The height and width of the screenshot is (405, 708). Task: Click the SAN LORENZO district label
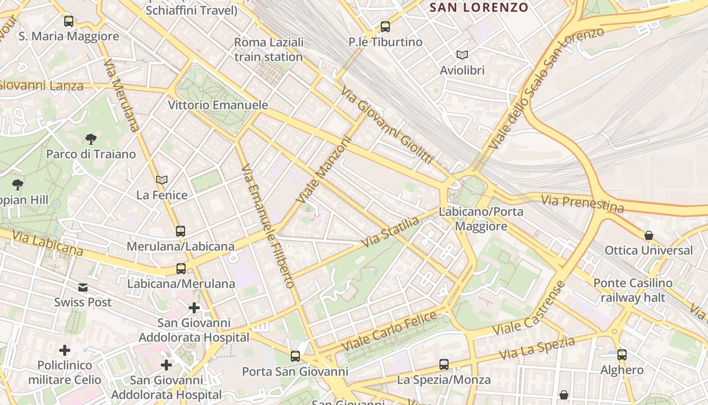coord(478,8)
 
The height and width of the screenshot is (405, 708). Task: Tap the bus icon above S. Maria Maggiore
coord(69,21)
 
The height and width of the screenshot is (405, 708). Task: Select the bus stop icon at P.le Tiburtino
coord(385,27)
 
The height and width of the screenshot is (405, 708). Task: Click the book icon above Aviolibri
coord(462,55)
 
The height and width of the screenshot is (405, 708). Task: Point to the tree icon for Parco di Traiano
coord(91,139)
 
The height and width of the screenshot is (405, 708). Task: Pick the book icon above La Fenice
coord(162,180)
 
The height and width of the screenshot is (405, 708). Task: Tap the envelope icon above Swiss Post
coord(83,288)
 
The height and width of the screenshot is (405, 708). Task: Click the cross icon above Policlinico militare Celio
coord(65,350)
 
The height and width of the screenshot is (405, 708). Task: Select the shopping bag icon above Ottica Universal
coord(649,235)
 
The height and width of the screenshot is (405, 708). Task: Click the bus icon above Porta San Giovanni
coord(295,356)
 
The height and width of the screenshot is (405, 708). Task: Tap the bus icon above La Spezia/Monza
coord(444,364)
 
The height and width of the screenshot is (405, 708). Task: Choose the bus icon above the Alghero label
coord(622,355)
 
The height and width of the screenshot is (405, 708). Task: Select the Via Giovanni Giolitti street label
coord(387,125)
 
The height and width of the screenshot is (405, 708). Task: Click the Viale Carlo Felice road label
coord(389,332)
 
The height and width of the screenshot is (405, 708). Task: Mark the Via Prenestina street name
coord(582,203)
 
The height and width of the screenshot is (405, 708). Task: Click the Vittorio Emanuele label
coord(218,105)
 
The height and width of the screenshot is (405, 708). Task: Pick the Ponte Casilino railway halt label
coord(633,290)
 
